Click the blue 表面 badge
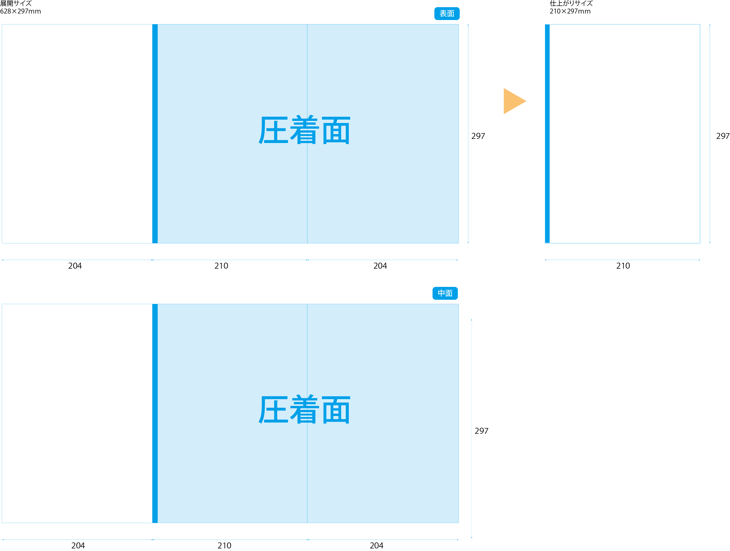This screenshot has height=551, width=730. point(447,14)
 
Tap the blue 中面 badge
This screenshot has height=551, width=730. point(445,293)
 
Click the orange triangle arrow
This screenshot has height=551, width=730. point(513,101)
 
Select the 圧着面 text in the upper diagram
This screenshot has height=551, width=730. point(304,130)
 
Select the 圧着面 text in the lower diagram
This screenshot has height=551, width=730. point(304,410)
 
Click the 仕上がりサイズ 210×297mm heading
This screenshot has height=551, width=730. point(571,7)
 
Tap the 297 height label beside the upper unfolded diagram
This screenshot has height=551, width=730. point(478,136)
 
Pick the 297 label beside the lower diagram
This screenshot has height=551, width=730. point(481,431)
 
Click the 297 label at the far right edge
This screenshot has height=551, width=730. point(722,136)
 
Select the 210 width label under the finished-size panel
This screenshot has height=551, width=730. point(623,266)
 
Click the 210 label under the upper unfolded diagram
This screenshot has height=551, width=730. point(221,266)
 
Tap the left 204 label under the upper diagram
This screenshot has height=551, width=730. point(75,266)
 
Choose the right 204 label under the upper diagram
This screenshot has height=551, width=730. point(380,266)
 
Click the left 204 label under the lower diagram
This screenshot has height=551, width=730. point(78,545)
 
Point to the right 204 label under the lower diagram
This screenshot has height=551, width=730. point(376,545)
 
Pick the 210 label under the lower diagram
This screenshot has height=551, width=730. point(224,545)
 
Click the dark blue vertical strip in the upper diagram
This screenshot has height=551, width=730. point(155,134)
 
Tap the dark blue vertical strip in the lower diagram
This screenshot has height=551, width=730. point(155,413)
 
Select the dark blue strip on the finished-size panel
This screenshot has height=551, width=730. point(547,134)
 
